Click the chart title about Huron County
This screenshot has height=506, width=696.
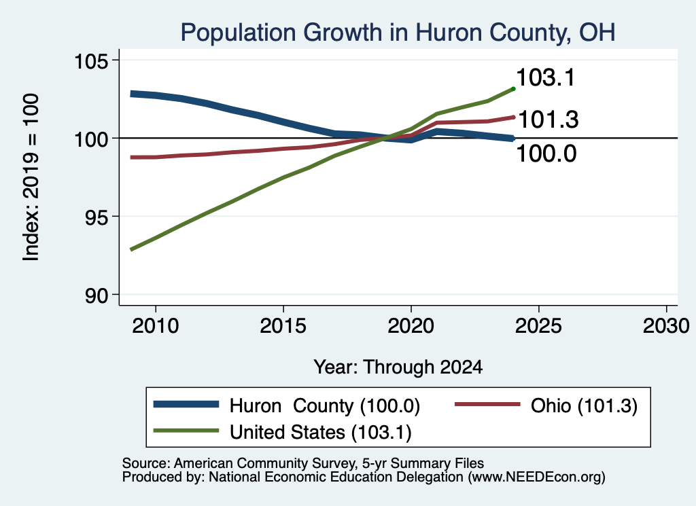coord(398,33)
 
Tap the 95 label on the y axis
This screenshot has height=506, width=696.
coord(97,217)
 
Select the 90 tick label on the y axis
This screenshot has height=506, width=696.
coord(97,295)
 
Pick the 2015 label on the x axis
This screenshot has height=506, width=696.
coord(283,326)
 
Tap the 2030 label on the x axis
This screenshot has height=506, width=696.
coord(666,326)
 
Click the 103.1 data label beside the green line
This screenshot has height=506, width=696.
coord(546,77)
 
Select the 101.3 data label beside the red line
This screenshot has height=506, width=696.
coord(549,120)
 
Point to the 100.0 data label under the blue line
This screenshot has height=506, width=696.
coord(546,154)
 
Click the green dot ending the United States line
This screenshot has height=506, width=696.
coord(514,89)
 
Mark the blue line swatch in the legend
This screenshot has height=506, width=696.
coord(186,404)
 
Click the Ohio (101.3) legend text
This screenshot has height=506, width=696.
coord(584,405)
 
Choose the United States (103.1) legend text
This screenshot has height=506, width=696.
coord(321,433)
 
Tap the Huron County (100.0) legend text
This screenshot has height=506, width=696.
coord(324,405)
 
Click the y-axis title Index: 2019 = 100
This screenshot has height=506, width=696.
coord(31,177)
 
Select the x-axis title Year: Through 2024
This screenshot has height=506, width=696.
coord(398,367)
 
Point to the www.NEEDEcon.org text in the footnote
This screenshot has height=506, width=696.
coord(536,477)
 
